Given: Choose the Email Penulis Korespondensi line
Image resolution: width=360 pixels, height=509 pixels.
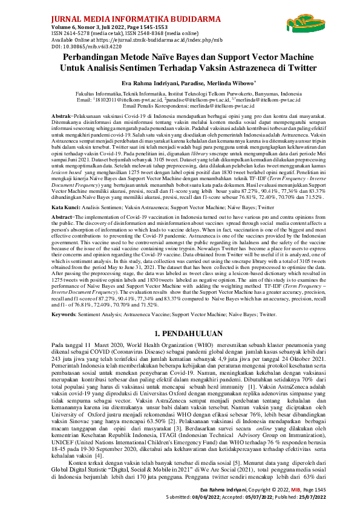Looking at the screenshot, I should [180, 105].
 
